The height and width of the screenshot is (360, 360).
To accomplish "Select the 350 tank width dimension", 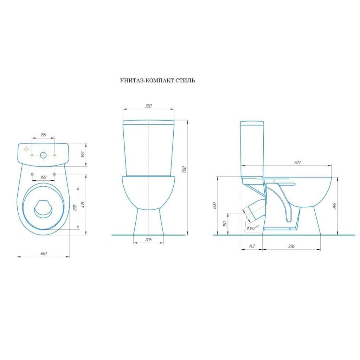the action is [149, 106].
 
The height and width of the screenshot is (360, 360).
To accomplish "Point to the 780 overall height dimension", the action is [184, 169].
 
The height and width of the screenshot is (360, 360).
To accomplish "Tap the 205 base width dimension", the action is [149, 240].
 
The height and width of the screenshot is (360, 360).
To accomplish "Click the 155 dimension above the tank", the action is [43, 135].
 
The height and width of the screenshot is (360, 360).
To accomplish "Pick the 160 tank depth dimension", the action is [83, 154].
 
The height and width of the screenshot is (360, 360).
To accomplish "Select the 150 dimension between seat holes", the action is [43, 177].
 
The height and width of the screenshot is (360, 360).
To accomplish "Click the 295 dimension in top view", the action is [75, 208].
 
